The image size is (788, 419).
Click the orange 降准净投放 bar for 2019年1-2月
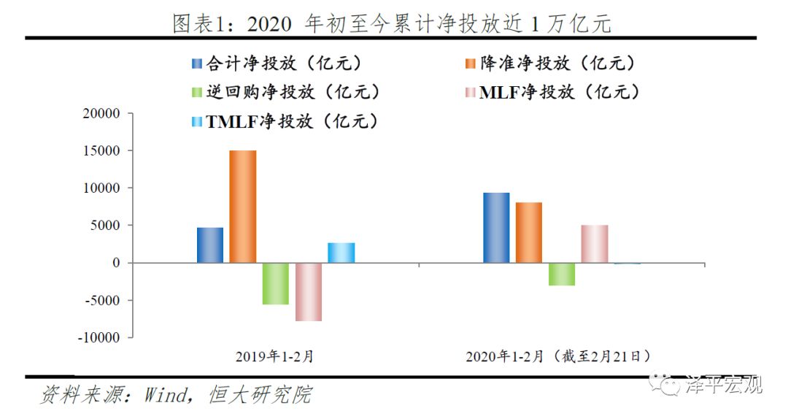click(242, 207)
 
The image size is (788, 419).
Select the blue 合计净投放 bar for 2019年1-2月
click(210, 245)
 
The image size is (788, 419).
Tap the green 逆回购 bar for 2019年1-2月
click(275, 283)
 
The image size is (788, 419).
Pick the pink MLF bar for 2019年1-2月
click(308, 292)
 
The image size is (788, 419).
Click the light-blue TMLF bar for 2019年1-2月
click(341, 253)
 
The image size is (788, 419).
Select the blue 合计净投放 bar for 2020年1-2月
click(496, 228)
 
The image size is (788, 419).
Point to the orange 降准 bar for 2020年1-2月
click(528, 233)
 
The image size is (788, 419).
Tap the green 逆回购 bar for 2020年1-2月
click(561, 274)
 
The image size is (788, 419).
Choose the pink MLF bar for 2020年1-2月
click(594, 244)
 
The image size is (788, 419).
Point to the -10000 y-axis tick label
click(100, 338)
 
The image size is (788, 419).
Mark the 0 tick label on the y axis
click(115, 263)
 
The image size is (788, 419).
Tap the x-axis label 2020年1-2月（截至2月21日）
click(558, 357)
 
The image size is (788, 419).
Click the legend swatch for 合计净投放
click(196, 64)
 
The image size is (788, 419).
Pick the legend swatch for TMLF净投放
click(196, 122)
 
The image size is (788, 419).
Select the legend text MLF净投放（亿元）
click(560, 93)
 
